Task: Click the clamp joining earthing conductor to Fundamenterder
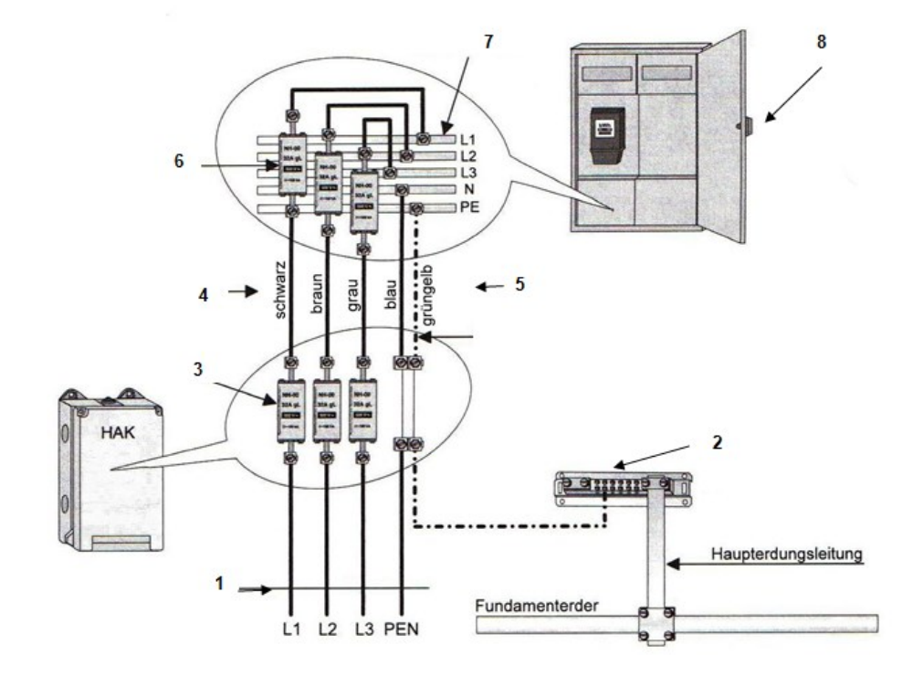pyautogui.click(x=656, y=624)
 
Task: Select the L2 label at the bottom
pyautogui.click(x=329, y=630)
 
